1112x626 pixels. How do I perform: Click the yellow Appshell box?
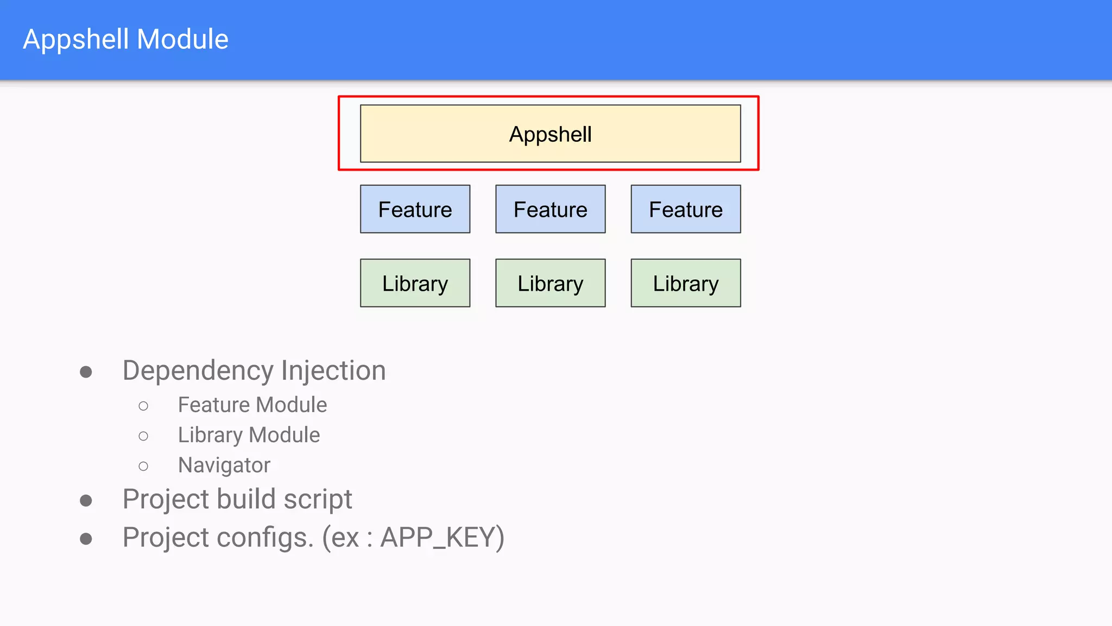pos(550,134)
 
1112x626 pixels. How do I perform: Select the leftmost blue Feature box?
pos(415,209)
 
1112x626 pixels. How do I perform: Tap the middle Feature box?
pos(550,209)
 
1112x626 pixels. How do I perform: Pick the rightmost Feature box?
pos(685,209)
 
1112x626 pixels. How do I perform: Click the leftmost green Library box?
pos(415,283)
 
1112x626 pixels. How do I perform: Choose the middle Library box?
pos(550,283)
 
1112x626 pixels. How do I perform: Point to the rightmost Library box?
pos(685,283)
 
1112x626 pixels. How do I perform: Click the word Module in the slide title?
pos(182,39)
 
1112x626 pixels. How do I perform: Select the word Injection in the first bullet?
pos(333,371)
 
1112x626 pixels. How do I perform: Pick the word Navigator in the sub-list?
pos(224,465)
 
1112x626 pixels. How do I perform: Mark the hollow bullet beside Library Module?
pos(143,436)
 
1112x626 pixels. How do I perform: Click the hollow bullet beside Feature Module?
pos(143,406)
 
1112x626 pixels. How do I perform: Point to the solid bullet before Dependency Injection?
pos(86,372)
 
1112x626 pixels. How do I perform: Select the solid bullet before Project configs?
pos(86,539)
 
